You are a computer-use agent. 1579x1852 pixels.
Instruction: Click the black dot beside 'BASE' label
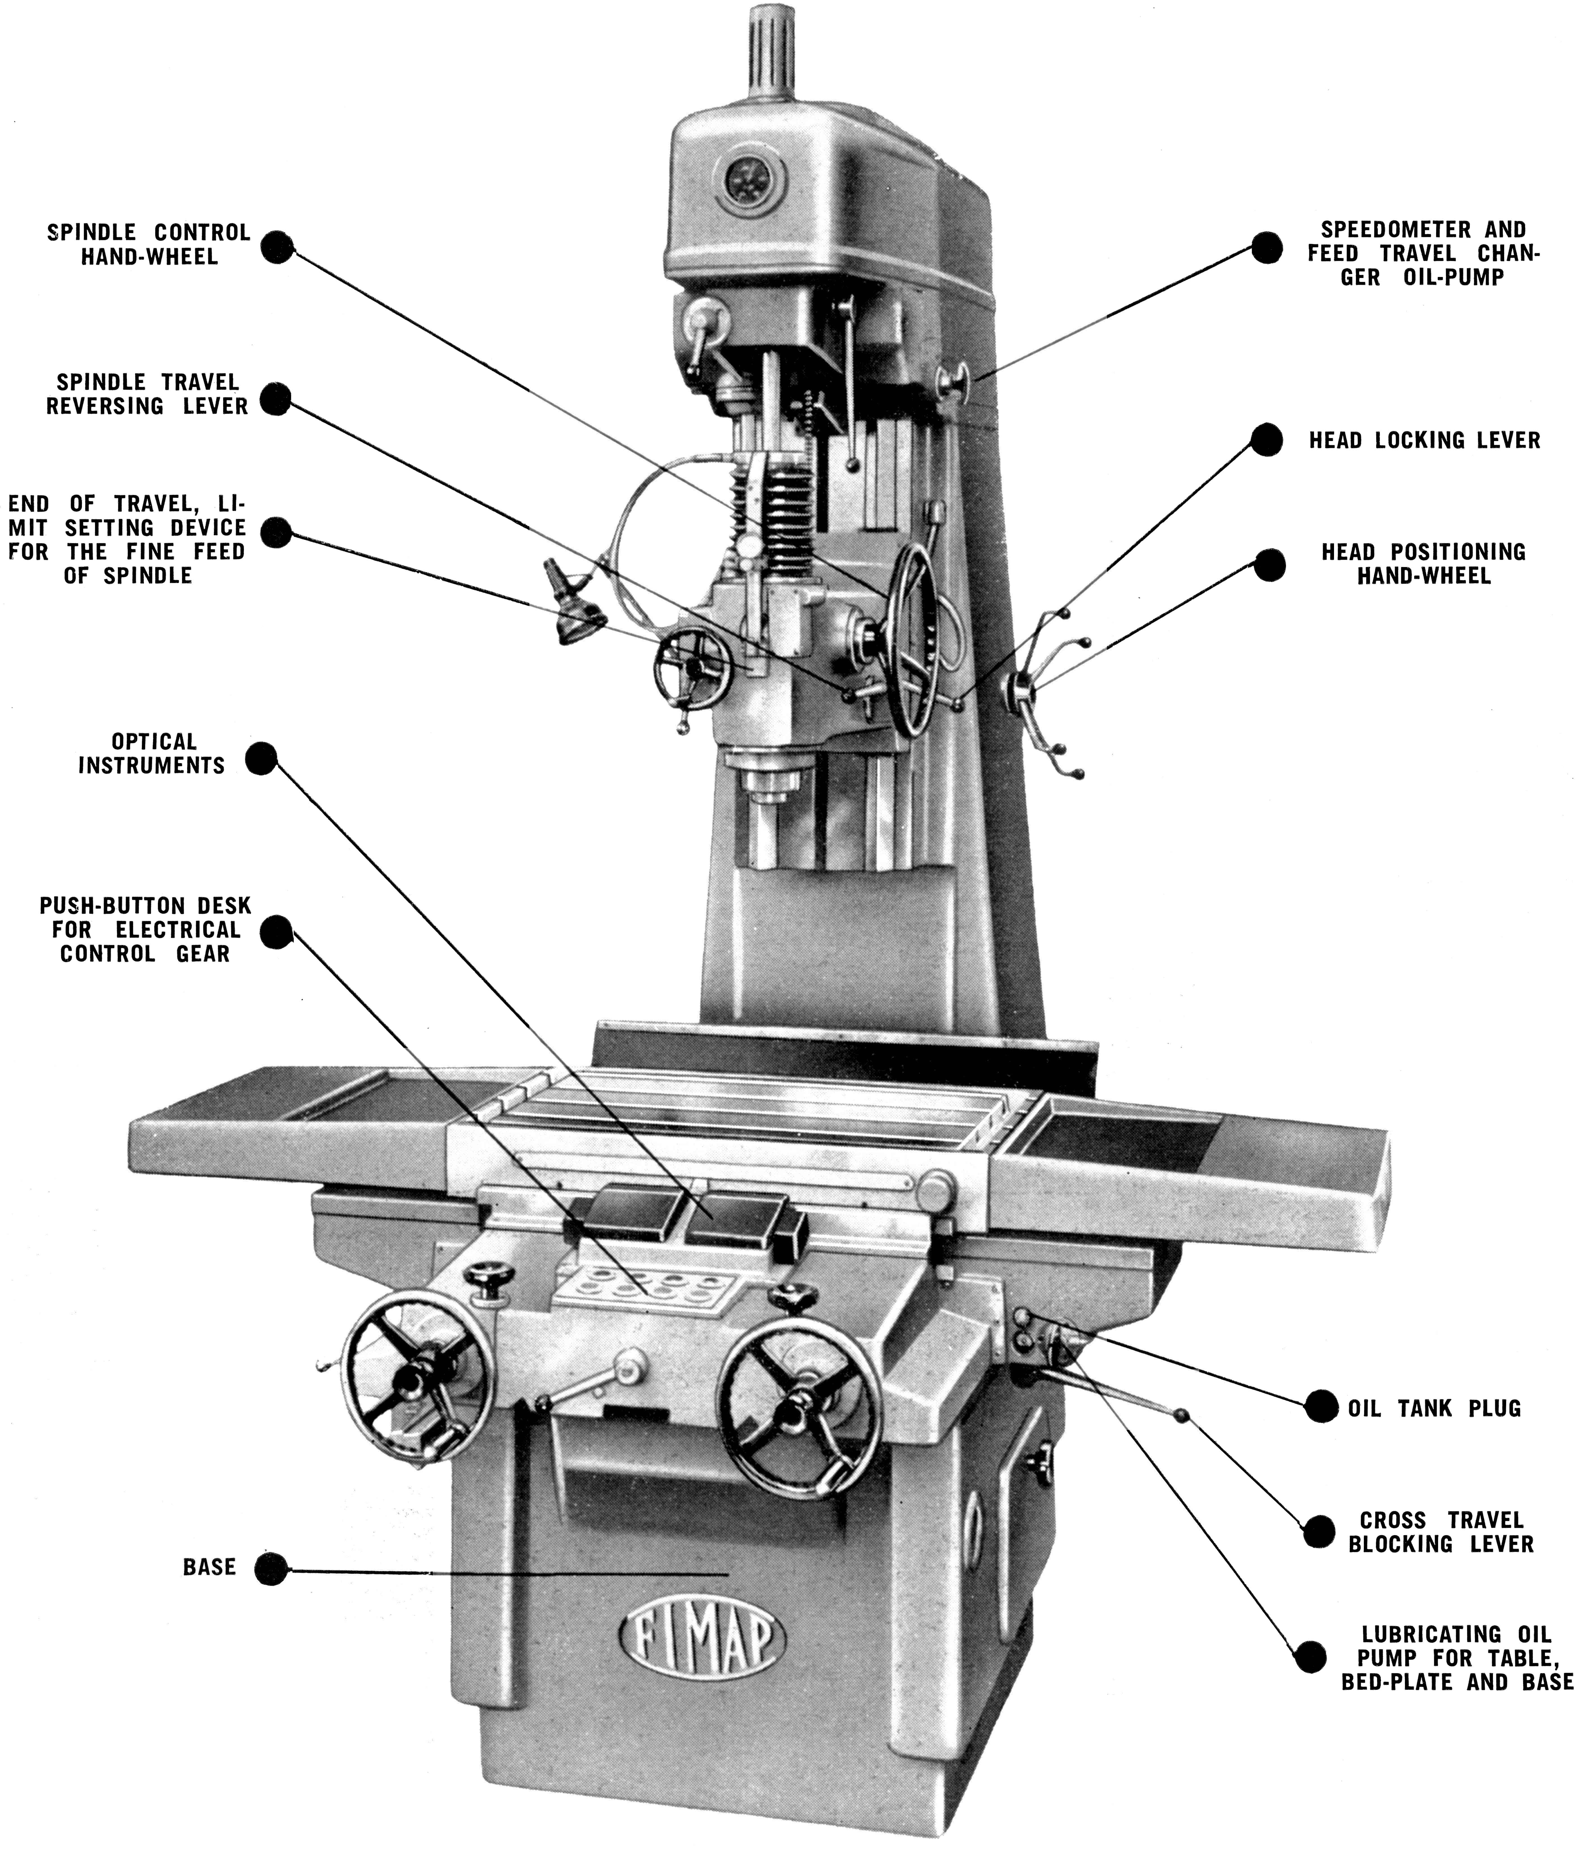click(x=271, y=1568)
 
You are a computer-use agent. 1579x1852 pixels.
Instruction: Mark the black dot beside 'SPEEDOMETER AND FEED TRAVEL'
click(x=1266, y=248)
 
